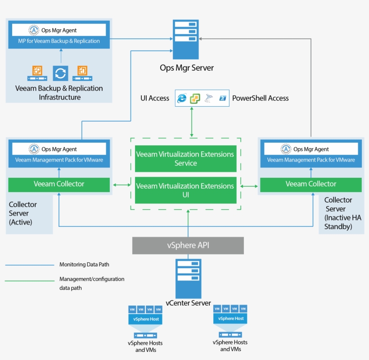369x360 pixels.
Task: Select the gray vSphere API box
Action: (x=188, y=246)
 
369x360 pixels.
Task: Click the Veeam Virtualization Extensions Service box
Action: (x=185, y=158)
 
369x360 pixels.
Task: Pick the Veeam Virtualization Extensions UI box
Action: (x=185, y=190)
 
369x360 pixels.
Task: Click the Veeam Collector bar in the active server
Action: (x=59, y=184)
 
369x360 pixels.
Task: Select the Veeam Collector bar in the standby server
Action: (x=310, y=184)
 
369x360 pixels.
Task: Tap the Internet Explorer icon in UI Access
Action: (x=182, y=98)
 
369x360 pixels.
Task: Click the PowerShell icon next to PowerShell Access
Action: (x=222, y=98)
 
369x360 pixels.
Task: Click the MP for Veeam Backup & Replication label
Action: (x=59, y=41)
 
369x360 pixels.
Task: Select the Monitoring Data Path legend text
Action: (x=84, y=265)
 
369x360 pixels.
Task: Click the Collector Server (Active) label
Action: (x=23, y=213)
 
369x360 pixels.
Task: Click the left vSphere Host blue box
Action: (x=145, y=319)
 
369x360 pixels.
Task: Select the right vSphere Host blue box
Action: (x=230, y=318)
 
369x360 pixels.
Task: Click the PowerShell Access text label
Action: (x=260, y=98)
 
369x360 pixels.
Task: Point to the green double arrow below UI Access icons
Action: (x=192, y=122)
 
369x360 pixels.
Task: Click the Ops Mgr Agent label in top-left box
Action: (x=59, y=30)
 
